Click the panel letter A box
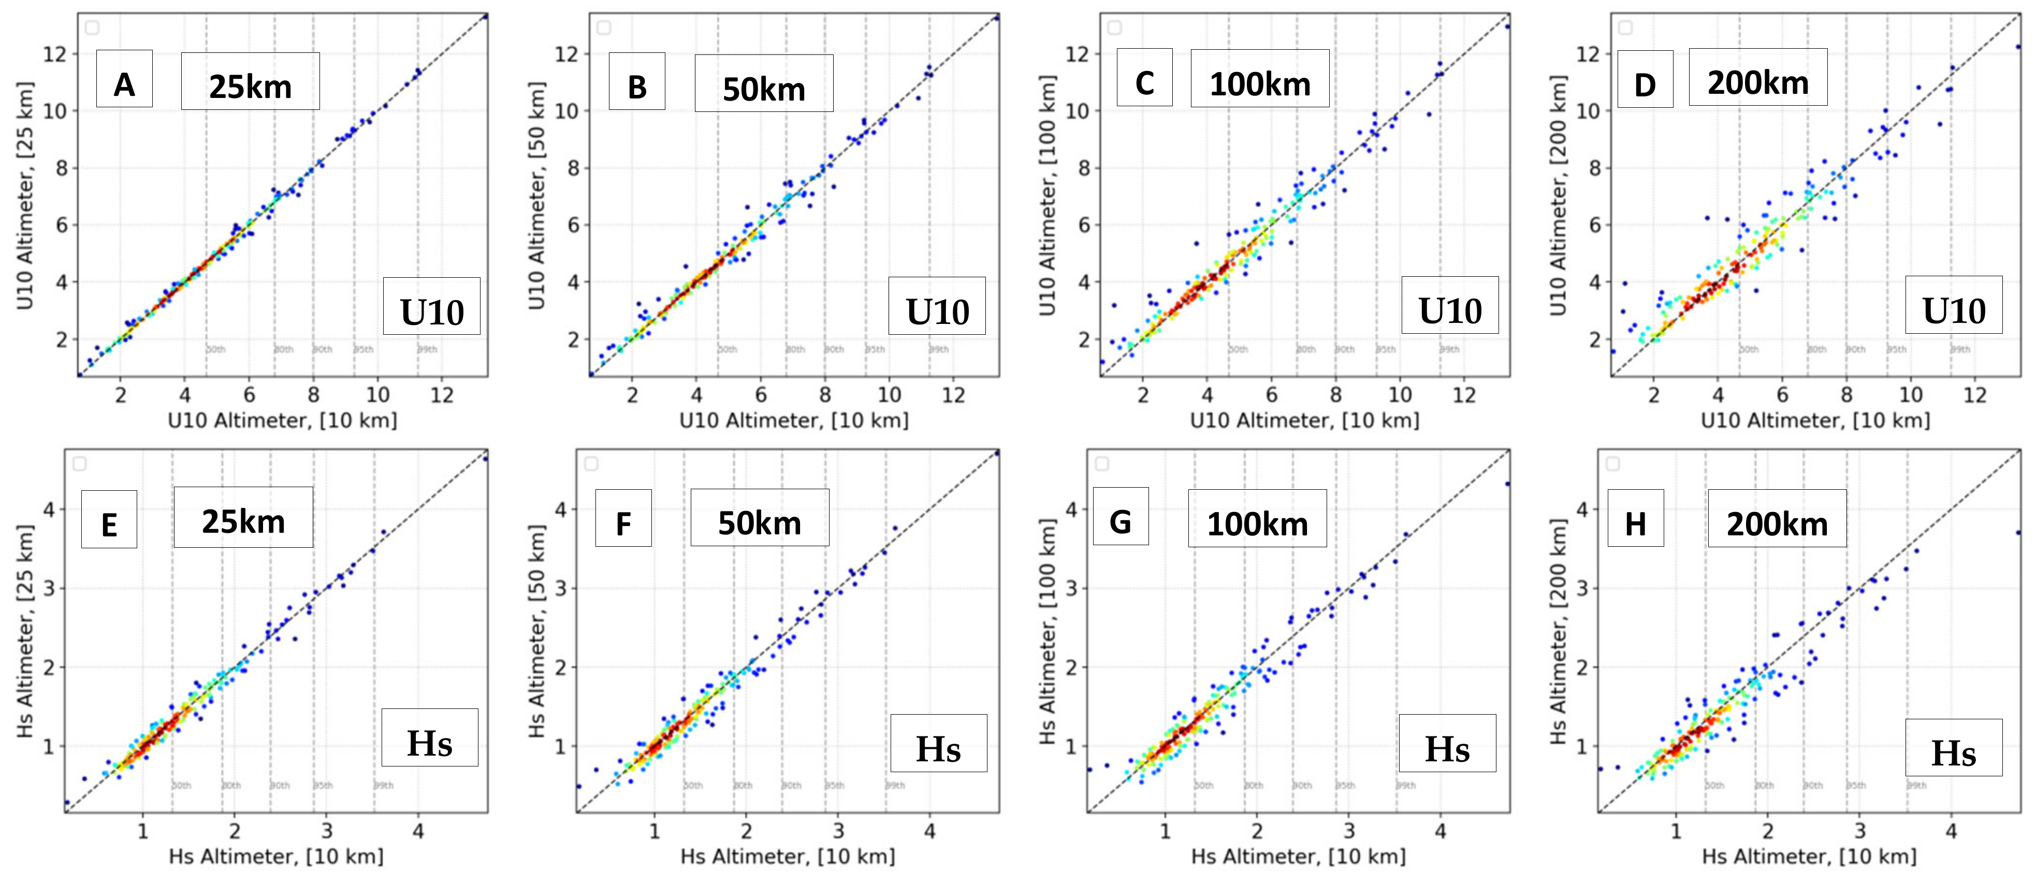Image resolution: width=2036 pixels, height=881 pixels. coord(124,79)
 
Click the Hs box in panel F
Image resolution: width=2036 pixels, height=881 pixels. coord(938,743)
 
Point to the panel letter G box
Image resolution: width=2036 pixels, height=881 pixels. coord(1120,516)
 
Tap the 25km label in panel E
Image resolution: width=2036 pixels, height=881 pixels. coord(243,517)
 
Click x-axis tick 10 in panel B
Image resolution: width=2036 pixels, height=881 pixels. coord(889,394)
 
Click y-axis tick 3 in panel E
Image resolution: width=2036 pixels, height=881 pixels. coord(49,588)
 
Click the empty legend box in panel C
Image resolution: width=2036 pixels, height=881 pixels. coord(1114,27)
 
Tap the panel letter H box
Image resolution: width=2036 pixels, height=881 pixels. coord(1635,518)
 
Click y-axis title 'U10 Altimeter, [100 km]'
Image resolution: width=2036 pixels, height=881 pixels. coord(1047,195)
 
